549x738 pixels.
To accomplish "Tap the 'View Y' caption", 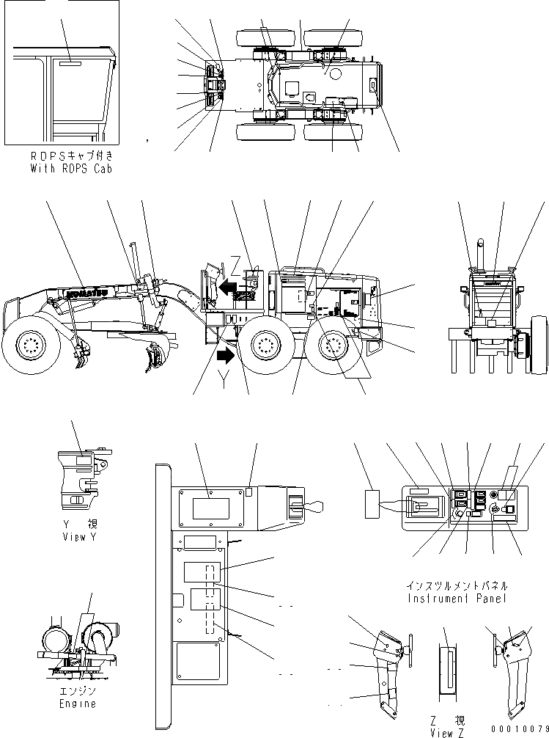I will coord(76,537).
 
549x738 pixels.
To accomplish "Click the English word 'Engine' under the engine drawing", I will coord(77,704).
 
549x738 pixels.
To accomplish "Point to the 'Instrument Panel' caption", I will coord(457,599).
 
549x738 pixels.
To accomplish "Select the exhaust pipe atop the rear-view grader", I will coord(482,252).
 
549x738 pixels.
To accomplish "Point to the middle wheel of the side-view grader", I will coord(265,346).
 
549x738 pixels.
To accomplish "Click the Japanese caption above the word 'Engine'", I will coord(77,692).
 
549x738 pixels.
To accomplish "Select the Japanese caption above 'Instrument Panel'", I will coord(457,587).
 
